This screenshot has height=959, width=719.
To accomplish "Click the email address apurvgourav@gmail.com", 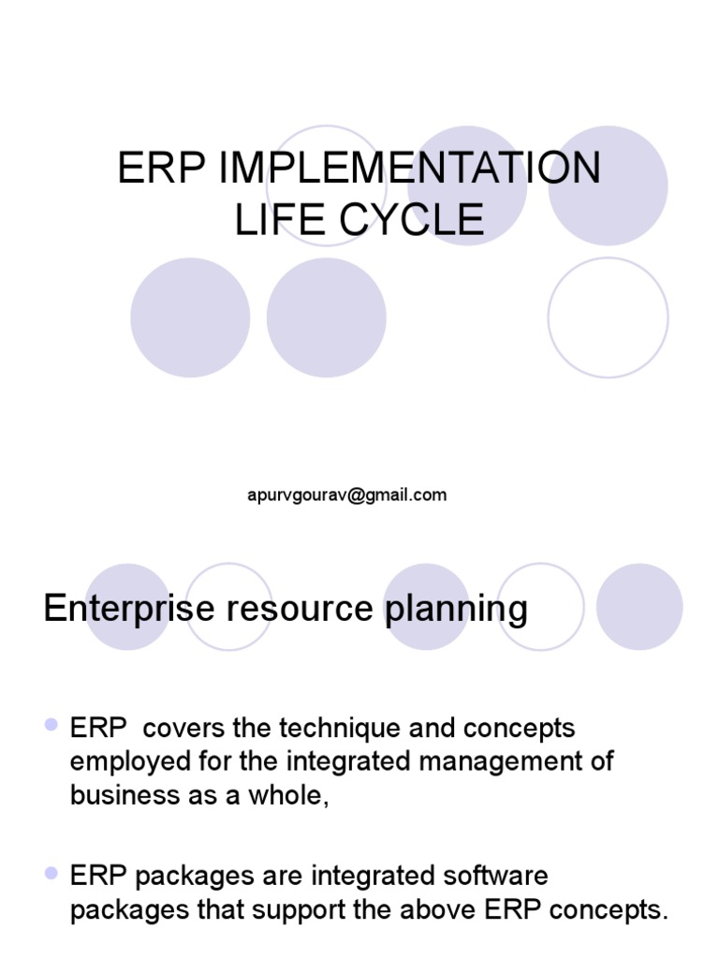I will pyautogui.click(x=346, y=495).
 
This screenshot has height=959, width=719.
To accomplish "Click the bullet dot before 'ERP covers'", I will pyautogui.click(x=51, y=726).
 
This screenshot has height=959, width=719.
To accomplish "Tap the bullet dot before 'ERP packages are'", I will pyautogui.click(x=51, y=874).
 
